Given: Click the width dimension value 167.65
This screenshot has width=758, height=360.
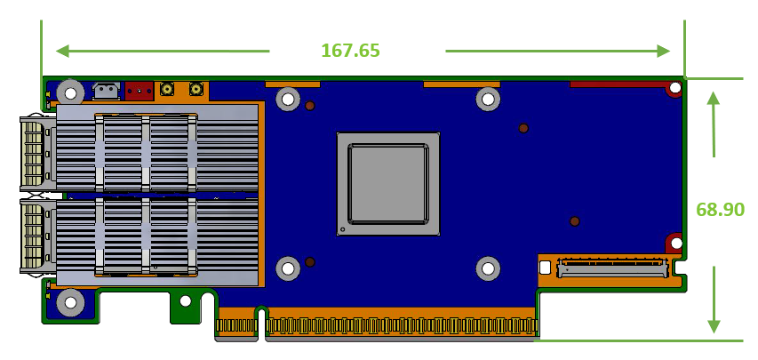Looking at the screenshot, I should (x=350, y=50).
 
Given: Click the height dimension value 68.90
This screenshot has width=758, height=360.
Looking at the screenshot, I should (x=720, y=210).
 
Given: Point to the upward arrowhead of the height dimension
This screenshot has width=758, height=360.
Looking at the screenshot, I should (x=713, y=99).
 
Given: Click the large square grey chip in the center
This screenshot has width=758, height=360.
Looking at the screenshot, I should (x=388, y=184).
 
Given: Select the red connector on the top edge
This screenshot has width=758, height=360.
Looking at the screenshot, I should (x=139, y=90).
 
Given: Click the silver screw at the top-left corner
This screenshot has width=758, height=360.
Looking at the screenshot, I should (x=70, y=92).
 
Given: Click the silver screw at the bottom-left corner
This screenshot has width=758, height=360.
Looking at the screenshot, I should (x=70, y=303).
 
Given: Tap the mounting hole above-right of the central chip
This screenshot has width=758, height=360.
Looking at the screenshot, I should (x=487, y=99).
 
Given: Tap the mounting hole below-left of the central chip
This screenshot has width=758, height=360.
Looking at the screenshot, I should (x=287, y=268).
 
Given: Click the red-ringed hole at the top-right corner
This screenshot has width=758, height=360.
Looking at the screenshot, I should (x=675, y=88).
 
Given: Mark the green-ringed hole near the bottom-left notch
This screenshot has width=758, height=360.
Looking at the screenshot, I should (x=185, y=301).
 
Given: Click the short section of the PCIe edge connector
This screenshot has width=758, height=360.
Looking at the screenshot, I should (x=235, y=324).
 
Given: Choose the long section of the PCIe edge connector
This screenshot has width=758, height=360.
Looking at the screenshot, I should (x=401, y=325).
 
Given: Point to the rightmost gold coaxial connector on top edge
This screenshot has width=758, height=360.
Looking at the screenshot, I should (x=196, y=89).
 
